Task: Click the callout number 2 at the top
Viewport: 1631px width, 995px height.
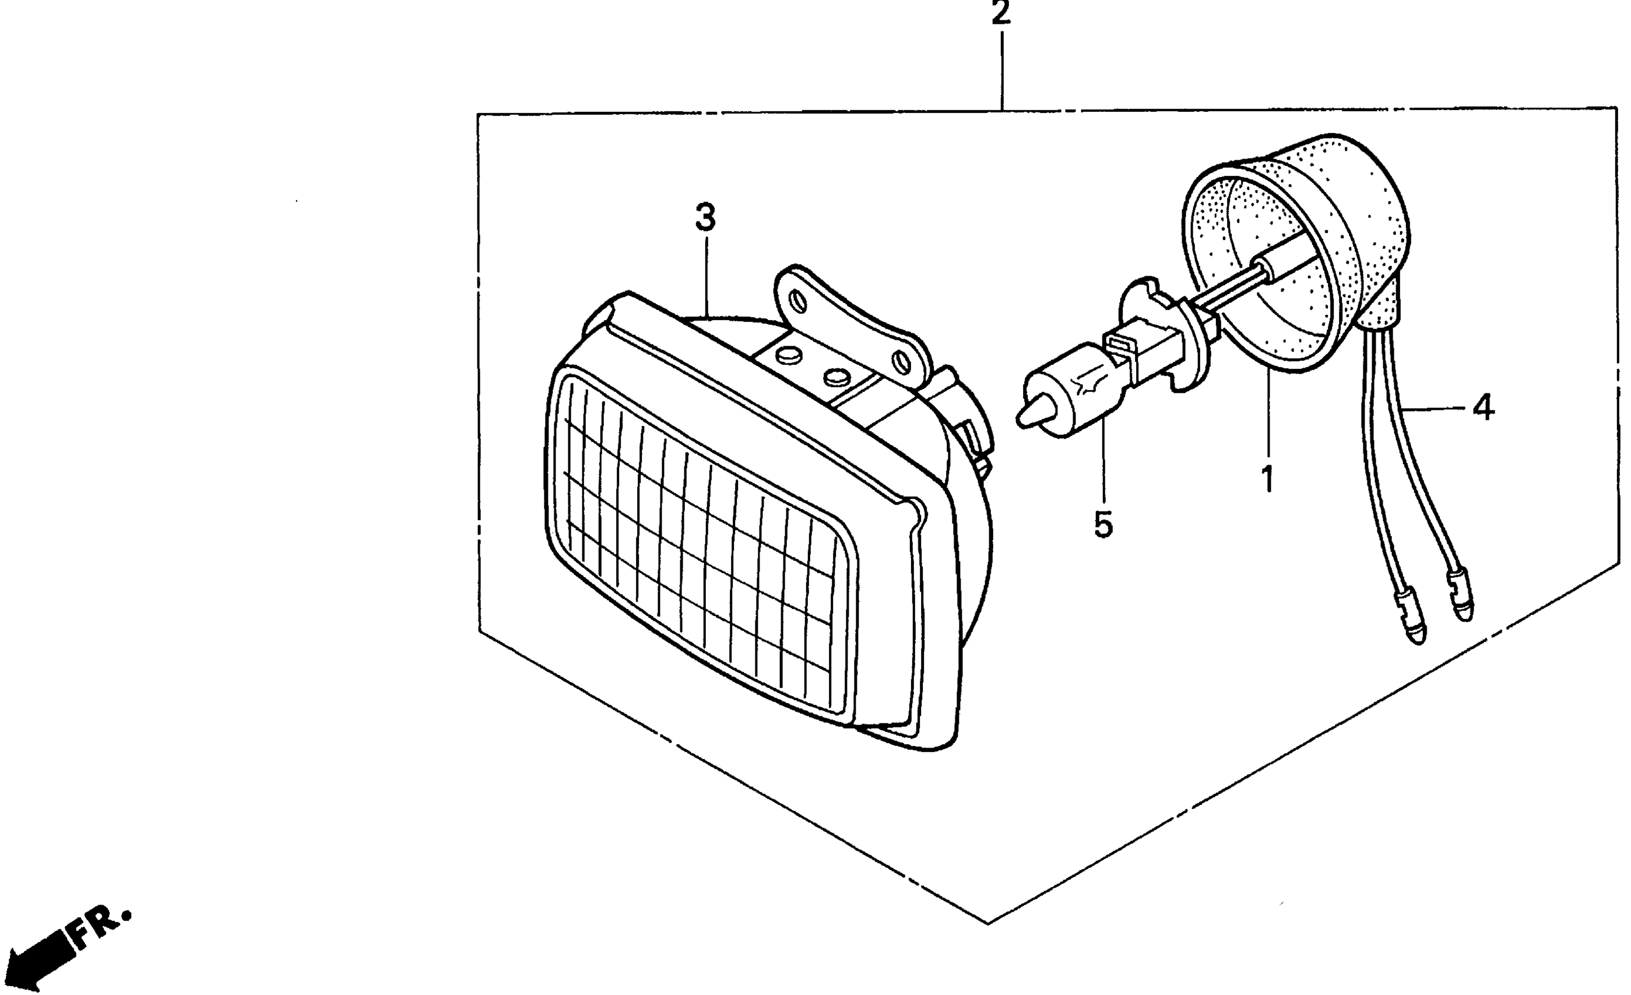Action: tap(1000, 13)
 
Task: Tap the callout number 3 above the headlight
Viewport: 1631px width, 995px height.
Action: tap(705, 218)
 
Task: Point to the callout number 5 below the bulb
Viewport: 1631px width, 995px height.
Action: tap(1103, 525)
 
